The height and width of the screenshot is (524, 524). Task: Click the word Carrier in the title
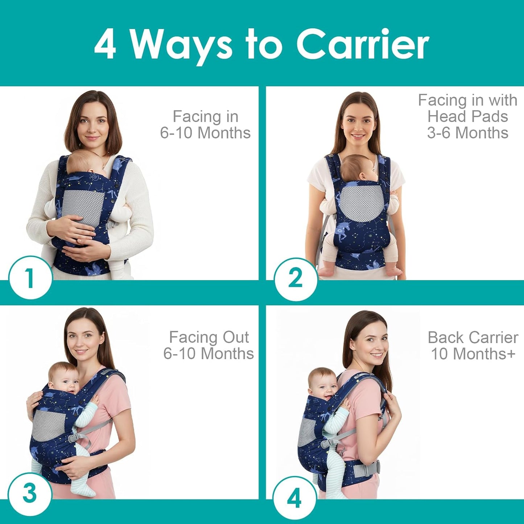(363, 44)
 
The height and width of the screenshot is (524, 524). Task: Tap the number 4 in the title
(105, 45)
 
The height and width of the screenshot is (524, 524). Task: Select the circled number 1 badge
(30, 278)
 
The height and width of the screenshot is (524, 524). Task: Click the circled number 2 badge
(295, 279)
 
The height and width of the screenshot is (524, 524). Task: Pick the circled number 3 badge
(29, 494)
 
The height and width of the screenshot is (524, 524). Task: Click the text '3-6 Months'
(467, 133)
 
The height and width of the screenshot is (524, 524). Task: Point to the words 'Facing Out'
(209, 337)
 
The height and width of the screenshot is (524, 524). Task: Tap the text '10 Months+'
(473, 354)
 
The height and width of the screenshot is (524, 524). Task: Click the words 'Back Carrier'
(473, 337)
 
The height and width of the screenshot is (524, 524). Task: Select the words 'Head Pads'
(467, 116)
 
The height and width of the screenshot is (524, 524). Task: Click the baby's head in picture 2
(357, 169)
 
